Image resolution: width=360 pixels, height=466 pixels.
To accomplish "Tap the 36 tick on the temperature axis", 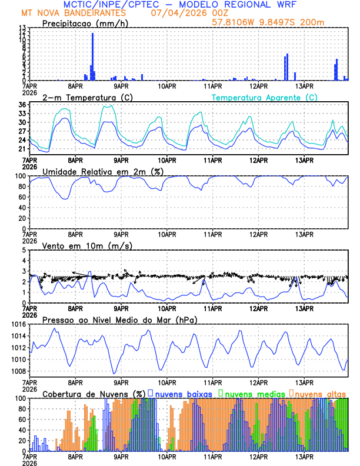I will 22,105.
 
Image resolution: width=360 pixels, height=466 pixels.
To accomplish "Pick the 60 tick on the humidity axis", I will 21,197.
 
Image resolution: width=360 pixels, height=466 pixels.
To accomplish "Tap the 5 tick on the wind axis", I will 24,250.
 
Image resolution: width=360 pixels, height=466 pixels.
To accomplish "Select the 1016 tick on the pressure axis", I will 16,324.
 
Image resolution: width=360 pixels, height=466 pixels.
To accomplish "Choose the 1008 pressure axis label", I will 16,371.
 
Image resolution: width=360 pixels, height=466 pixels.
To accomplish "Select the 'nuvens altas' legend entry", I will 321,393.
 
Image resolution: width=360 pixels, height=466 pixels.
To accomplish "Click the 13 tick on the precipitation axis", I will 22,28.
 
